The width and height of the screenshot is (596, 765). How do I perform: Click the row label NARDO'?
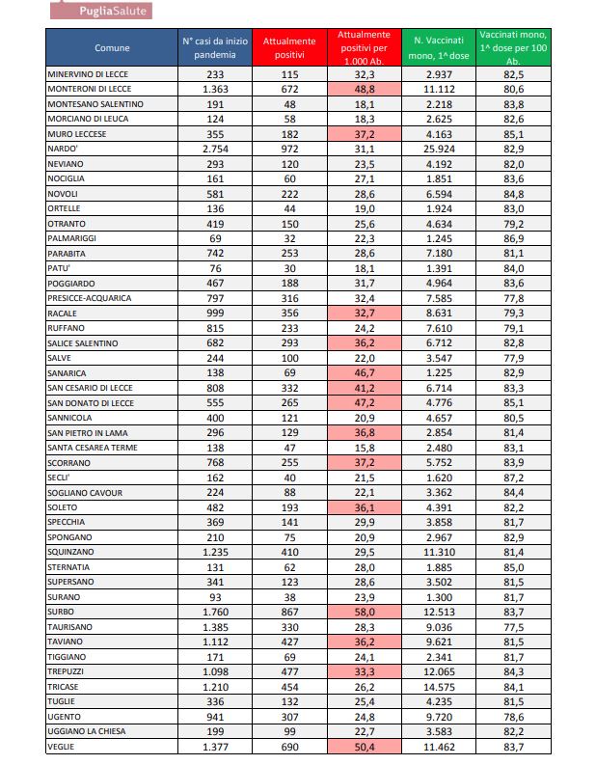pyautogui.click(x=63, y=149)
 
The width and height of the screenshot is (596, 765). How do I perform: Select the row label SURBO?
pyautogui.click(x=61, y=612)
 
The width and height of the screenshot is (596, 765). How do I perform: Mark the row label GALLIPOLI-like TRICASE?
pyautogui.click(x=64, y=687)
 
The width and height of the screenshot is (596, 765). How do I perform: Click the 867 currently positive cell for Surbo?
pyautogui.click(x=289, y=612)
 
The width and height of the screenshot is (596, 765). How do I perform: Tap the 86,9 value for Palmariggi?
pyautogui.click(x=514, y=238)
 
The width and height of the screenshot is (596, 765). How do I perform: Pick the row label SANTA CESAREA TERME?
pyautogui.click(x=92, y=448)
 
